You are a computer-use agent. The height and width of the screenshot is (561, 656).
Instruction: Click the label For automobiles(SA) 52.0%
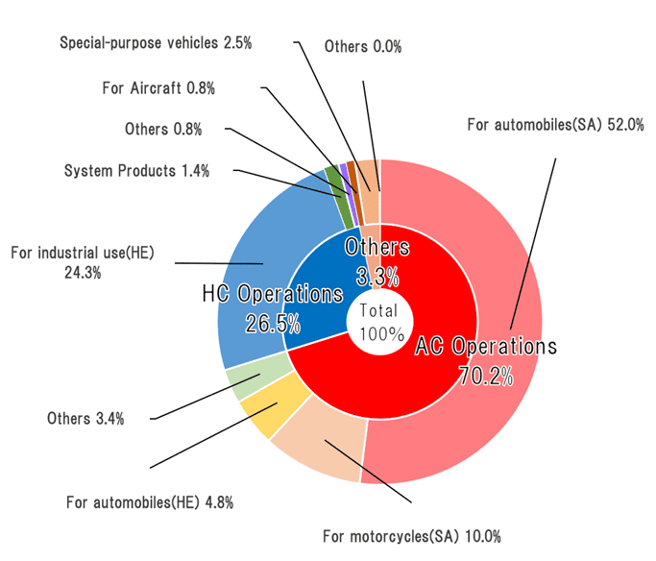[x=554, y=125]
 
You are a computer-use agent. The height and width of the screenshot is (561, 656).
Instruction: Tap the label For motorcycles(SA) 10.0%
[x=411, y=535]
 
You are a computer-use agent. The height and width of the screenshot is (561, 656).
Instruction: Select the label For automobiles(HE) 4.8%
[x=149, y=501]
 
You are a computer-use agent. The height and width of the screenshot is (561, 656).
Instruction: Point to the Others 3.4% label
[x=85, y=419]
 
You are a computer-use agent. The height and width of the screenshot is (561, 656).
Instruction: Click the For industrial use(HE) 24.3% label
[x=83, y=262]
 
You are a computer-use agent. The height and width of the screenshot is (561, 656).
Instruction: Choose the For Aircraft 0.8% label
[x=158, y=87]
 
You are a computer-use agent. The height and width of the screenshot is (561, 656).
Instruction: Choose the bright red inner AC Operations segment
[x=403, y=384]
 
